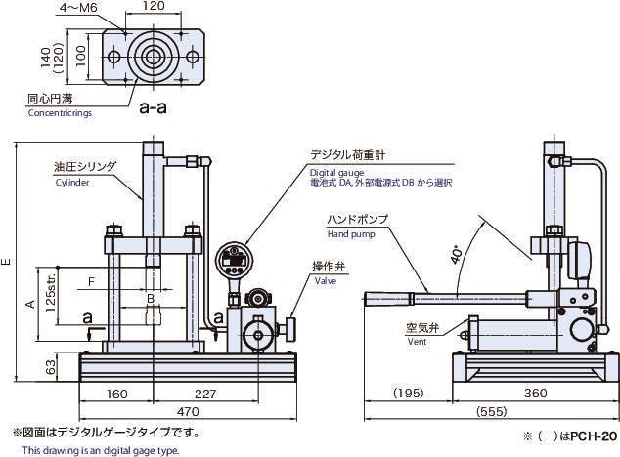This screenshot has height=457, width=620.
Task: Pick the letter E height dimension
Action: (x=8, y=261)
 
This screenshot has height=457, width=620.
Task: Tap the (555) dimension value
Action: (x=490, y=413)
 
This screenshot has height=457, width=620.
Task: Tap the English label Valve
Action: (x=325, y=280)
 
